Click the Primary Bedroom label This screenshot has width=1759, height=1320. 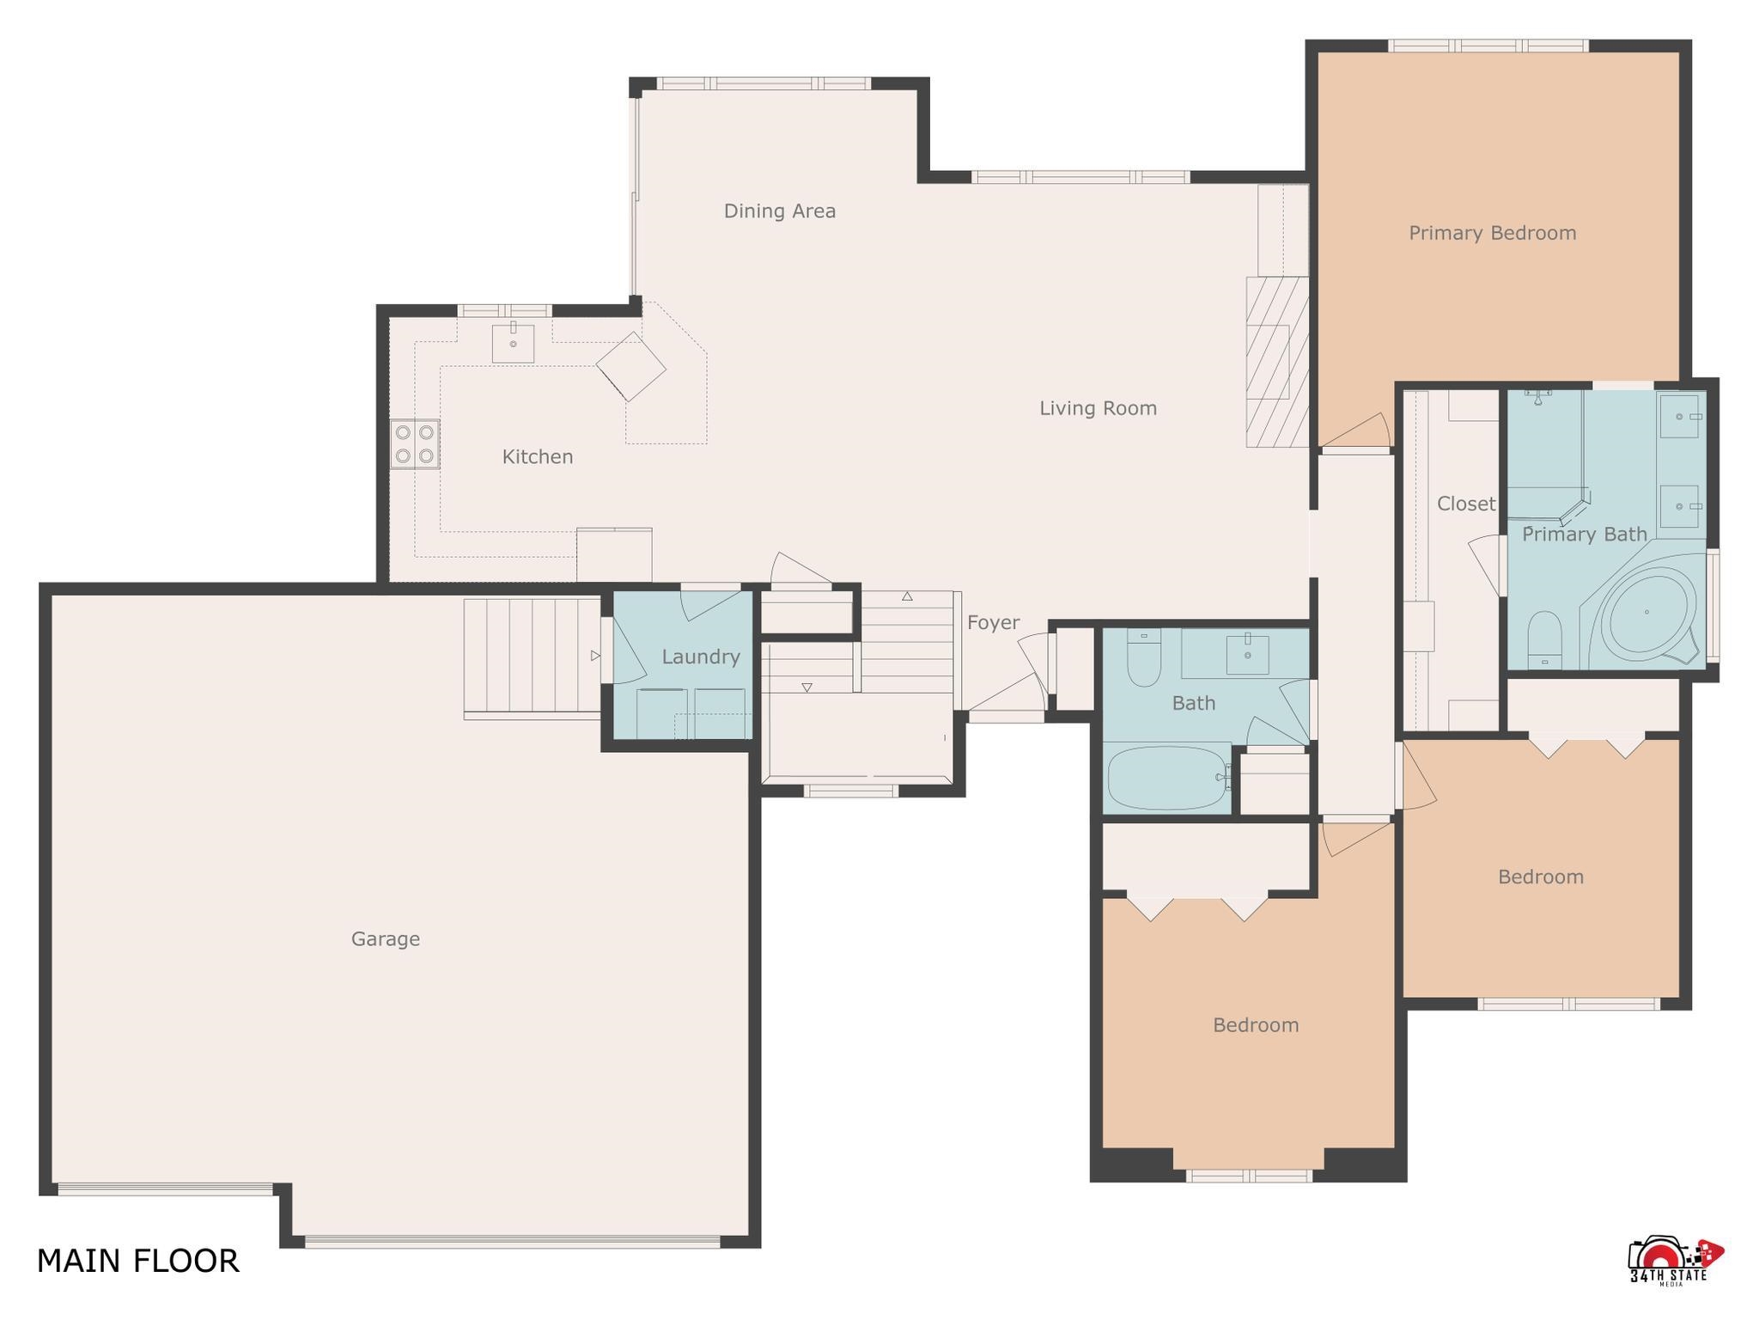coord(1492,233)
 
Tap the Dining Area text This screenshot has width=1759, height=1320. coord(779,211)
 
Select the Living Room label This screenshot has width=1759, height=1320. coord(1098,408)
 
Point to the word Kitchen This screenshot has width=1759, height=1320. coord(538,456)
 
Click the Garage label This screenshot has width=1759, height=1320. coord(385,939)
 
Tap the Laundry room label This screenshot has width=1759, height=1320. coord(701,657)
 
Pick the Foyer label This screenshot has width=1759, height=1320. coord(993,623)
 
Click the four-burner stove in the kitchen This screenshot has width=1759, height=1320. coord(415,443)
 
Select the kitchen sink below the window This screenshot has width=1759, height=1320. coord(513,343)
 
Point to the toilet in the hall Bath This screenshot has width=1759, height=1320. coord(1143,657)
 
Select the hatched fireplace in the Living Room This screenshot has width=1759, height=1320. coord(1277,362)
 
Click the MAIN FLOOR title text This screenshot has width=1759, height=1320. coord(137,1261)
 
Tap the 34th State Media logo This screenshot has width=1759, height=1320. coord(1674,1263)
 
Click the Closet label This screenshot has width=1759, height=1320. coord(1465,504)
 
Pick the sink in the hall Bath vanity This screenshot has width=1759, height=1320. coord(1247,654)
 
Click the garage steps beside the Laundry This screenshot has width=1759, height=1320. coord(533,657)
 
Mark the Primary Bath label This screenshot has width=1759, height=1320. coord(1584,535)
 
